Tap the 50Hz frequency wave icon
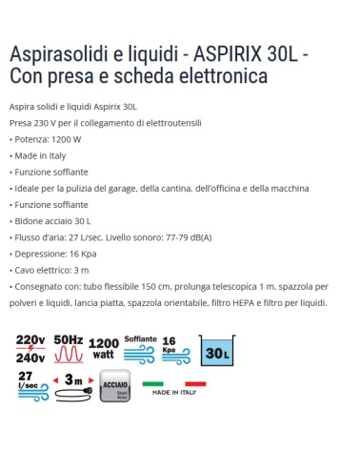click(70, 350)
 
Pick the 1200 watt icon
click(105, 350)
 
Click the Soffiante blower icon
click(141, 349)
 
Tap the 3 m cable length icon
click(69, 389)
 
